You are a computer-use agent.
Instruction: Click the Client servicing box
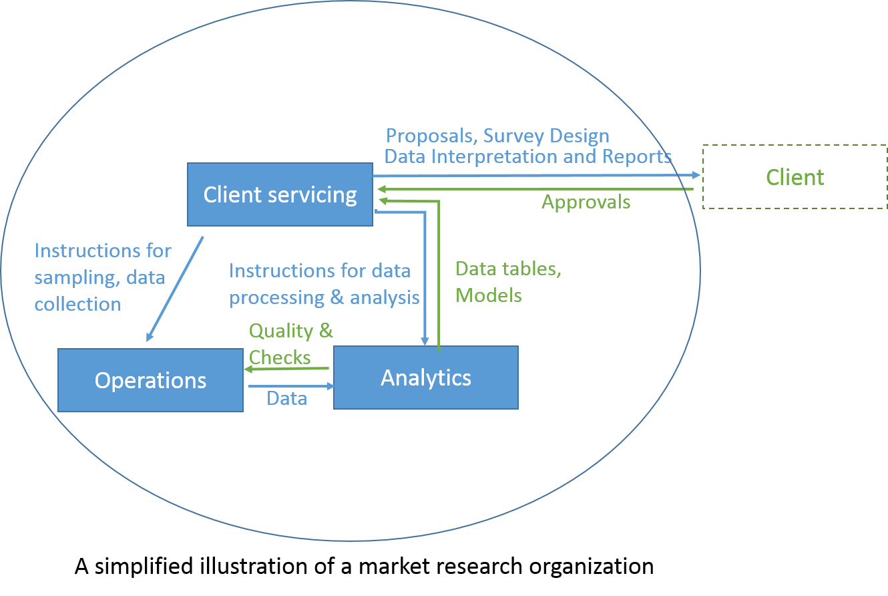(280, 194)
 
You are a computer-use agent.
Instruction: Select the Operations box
(150, 380)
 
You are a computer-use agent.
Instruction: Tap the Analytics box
(426, 378)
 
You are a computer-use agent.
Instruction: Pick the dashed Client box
(795, 177)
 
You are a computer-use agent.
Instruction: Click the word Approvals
(586, 202)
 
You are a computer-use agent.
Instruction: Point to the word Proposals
(431, 136)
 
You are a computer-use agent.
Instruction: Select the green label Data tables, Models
(508, 282)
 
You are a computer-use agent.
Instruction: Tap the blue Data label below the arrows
(286, 399)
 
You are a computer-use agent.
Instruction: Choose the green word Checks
(280, 357)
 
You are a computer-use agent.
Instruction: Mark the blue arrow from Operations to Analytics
(290, 386)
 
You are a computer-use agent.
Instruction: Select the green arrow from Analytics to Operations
(287, 368)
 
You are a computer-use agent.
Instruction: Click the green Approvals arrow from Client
(534, 189)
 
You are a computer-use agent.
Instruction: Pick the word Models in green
(488, 295)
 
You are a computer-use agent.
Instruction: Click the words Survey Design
(546, 136)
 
